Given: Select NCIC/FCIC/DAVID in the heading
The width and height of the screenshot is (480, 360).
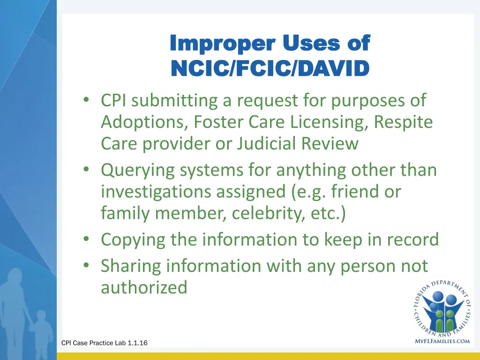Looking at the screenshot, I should [x=270, y=68].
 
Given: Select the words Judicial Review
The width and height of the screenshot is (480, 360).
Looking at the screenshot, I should [x=298, y=143].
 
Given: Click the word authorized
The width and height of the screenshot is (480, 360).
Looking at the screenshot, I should [x=144, y=287].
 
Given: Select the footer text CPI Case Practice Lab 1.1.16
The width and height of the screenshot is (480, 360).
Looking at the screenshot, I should [x=105, y=343].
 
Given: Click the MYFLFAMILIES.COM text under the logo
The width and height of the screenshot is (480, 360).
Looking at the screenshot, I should [x=442, y=341].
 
